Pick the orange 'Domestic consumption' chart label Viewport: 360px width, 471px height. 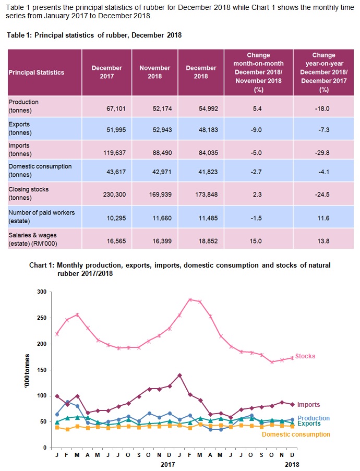(x=296, y=434)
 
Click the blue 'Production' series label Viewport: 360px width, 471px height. (x=314, y=418)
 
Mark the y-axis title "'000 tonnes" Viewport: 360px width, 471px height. (x=27, y=369)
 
